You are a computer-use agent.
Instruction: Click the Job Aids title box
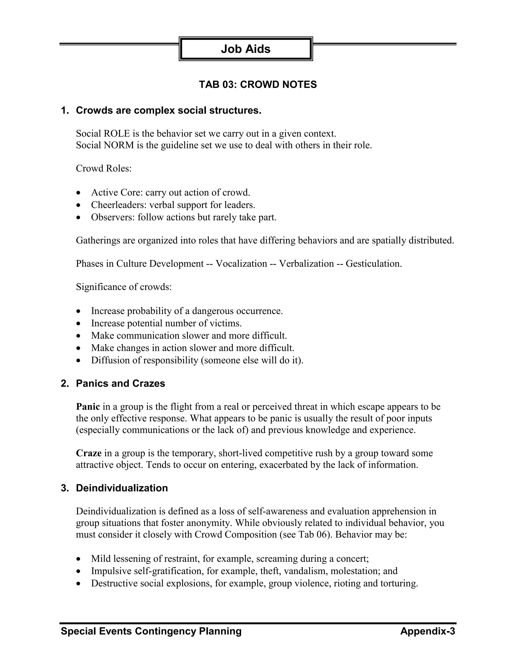245,49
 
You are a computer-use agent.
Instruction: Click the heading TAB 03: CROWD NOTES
258,85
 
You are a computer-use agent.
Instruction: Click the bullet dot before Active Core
79,193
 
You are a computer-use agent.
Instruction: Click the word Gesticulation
374,264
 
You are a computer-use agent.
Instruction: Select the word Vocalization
241,264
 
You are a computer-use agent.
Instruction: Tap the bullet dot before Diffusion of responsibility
79,361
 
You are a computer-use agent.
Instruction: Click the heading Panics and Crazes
120,383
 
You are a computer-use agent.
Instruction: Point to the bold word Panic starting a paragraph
88,406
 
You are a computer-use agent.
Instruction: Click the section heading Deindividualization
122,488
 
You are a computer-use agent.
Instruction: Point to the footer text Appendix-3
427,631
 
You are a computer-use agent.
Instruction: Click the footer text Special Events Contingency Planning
151,631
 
